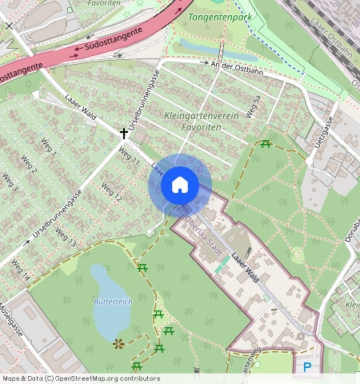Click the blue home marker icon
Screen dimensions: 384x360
[x=180, y=186]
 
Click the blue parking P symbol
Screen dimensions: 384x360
[x=307, y=367]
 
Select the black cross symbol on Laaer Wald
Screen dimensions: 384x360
[x=124, y=133]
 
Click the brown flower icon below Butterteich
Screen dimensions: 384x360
[x=119, y=343]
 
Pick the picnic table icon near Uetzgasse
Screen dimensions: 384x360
[x=266, y=144]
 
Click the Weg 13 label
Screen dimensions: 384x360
[x=66, y=237]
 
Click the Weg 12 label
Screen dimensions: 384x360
[x=111, y=192]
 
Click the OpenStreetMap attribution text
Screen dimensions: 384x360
[x=81, y=378]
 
